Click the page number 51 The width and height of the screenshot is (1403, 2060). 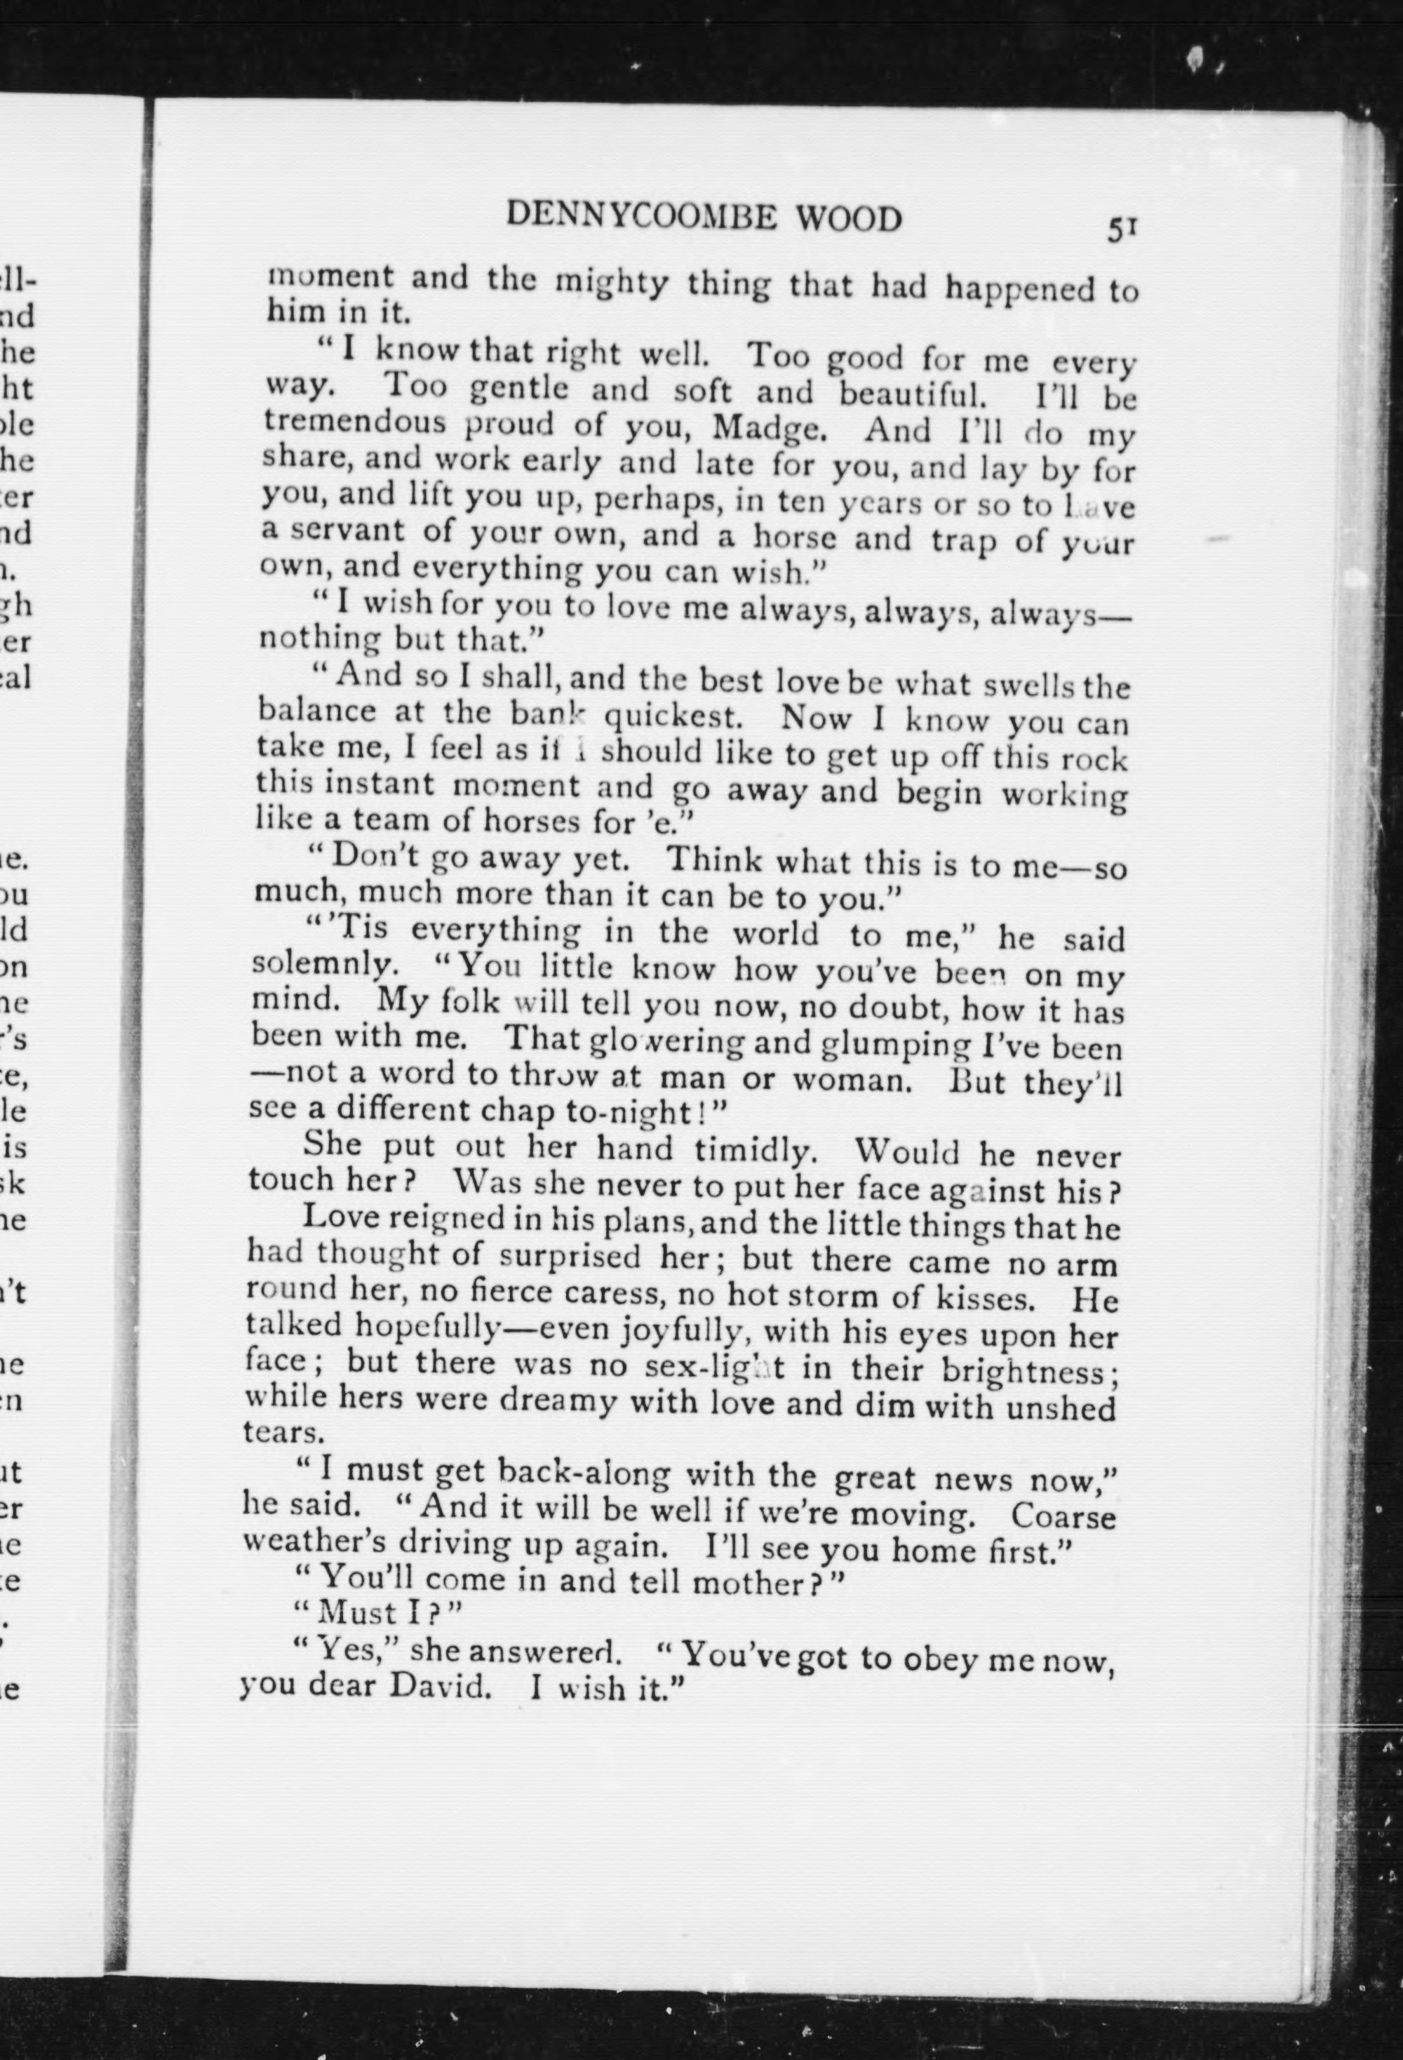1120,229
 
